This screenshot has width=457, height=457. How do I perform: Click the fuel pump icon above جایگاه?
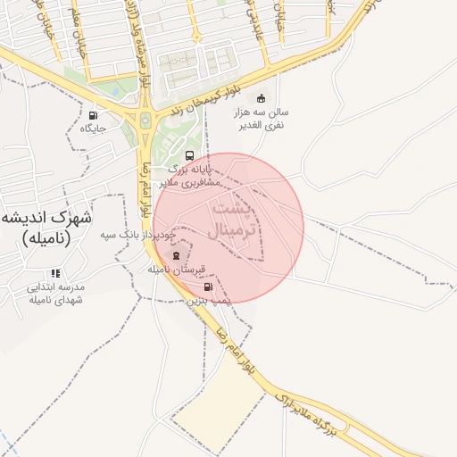94,115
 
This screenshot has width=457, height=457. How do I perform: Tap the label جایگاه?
92,129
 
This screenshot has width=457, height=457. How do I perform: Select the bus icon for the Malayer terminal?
188,155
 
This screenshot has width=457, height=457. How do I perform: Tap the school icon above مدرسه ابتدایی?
55,273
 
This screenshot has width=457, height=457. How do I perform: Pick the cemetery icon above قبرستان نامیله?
175,255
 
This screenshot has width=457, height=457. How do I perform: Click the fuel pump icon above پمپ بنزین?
209,287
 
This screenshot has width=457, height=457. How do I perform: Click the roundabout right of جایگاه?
144,120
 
